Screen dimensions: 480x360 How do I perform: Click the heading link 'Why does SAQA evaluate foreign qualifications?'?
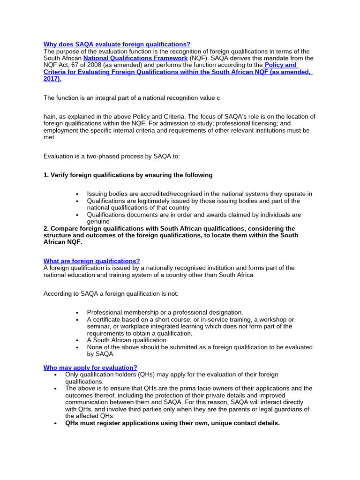pos(117,44)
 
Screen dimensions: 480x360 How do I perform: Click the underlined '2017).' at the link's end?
pos(52,79)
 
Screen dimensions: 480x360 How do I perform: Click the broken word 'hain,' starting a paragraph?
pos(52,116)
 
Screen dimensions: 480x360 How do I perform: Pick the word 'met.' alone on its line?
pos(50,137)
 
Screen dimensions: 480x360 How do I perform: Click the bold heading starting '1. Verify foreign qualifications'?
pos(127,175)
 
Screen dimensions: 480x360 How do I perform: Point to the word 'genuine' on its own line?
pos(98,221)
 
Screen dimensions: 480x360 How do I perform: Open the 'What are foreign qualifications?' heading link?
pos(91,261)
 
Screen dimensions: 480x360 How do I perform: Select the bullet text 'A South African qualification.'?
pos(127,340)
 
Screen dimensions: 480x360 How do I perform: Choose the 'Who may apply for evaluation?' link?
pos(90,367)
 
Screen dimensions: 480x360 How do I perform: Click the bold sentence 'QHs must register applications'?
pos(172,423)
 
